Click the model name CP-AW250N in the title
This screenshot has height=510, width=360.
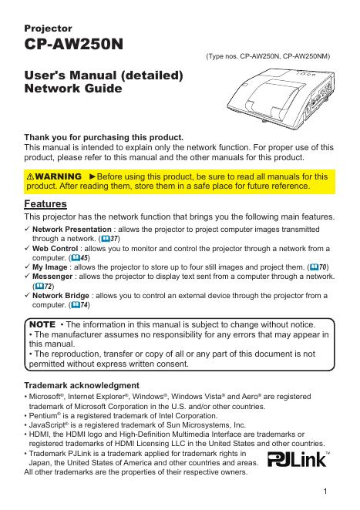tap(73, 44)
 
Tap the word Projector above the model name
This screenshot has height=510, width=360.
tap(48, 29)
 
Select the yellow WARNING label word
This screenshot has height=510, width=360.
tap(59, 176)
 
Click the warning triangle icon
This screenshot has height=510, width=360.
tap(30, 176)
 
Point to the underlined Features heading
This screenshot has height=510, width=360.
tap(45, 204)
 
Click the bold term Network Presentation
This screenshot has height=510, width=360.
tap(72, 230)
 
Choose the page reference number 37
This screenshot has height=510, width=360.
tap(114, 239)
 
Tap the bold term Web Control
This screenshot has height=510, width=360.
tap(55, 249)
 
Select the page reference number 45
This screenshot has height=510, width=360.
tap(84, 258)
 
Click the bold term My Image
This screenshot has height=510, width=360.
tap(50, 267)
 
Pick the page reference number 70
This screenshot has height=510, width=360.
tap(322, 267)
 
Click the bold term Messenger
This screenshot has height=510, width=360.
tap(52, 277)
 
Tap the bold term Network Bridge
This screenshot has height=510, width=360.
tap(61, 296)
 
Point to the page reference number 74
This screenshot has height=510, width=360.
tap(84, 305)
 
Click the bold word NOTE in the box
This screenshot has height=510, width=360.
tap(42, 324)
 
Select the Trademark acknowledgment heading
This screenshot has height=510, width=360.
tap(82, 385)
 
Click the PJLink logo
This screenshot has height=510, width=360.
tap(298, 459)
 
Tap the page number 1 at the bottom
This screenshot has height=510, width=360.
tap(325, 492)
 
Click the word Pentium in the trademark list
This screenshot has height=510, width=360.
tap(43, 416)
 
